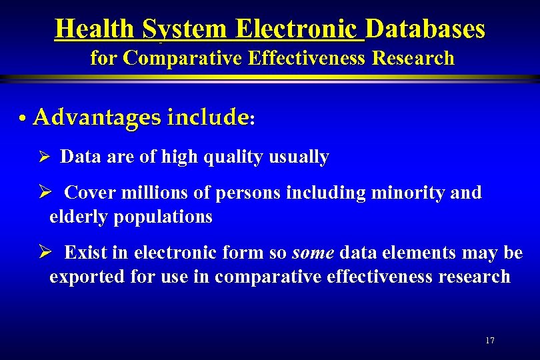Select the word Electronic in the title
coord(297,29)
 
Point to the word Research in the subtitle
coord(413,59)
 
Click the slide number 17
coord(490,341)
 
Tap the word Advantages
coord(97,118)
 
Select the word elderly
coord(75,217)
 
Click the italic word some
coord(313,253)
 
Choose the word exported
coord(85,277)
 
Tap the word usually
coord(298,157)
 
